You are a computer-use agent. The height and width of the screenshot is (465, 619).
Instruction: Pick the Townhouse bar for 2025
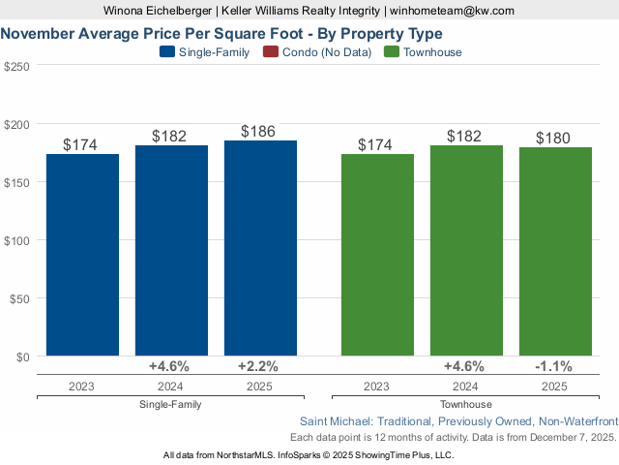pos(555,251)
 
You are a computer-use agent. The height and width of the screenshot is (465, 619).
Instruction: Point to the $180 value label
pos(555,137)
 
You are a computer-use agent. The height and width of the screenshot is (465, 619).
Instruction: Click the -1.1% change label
pos(555,366)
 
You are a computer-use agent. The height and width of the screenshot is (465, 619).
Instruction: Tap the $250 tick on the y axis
pos(16,66)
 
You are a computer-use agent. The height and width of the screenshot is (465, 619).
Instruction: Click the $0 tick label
pos(23,356)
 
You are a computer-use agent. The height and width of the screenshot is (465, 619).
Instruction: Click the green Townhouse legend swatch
pos(392,52)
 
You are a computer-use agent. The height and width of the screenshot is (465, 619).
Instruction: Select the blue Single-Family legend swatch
pos(167,52)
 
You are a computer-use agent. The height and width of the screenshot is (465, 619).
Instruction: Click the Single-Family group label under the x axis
pos(171,404)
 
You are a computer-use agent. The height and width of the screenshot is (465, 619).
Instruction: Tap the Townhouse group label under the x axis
pos(466,404)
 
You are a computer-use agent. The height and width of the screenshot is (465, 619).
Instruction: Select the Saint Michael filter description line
pos(458,422)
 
